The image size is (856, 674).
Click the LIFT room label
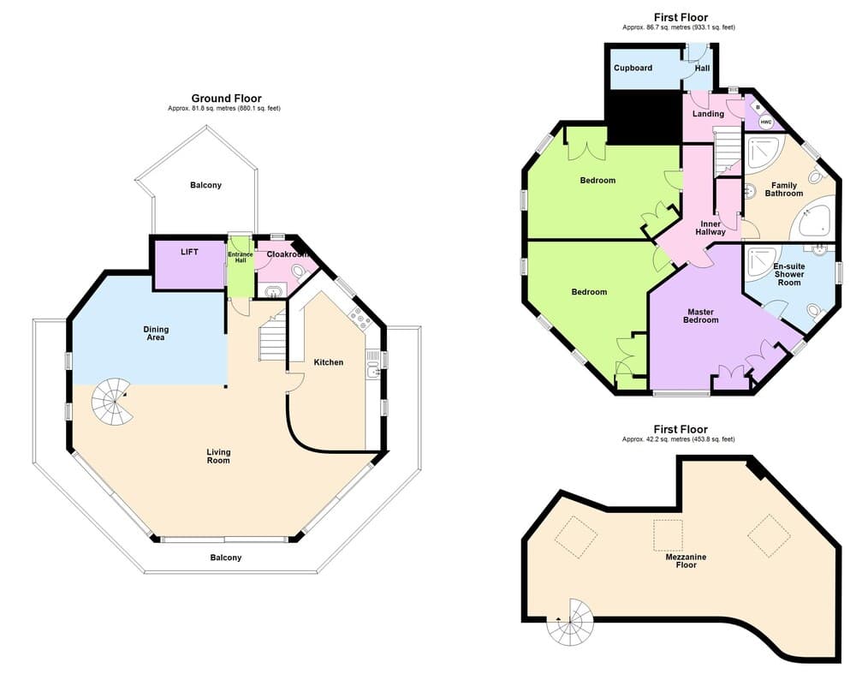point(189,252)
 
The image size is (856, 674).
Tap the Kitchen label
point(329,362)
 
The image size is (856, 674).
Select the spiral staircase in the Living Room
point(112,403)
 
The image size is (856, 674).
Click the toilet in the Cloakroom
point(299,271)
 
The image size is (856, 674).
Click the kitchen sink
point(374,371)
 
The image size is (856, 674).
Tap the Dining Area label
point(156,333)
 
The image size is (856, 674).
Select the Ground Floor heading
point(226,98)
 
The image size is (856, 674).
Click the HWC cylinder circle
point(766,122)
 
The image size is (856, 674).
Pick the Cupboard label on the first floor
point(633,68)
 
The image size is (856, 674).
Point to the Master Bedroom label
point(701,316)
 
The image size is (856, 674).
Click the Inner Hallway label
point(710,228)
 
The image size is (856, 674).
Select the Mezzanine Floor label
point(687,561)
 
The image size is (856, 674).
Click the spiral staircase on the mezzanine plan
point(570,622)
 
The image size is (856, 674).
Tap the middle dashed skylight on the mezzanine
point(668,534)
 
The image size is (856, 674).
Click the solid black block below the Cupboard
point(644,117)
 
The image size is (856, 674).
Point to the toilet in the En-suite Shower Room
point(815,312)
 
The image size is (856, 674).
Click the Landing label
point(708,114)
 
